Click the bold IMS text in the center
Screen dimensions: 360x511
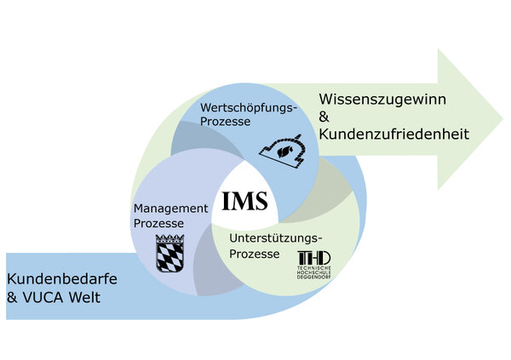pyautogui.click(x=244, y=201)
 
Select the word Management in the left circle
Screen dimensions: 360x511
pyautogui.click(x=170, y=209)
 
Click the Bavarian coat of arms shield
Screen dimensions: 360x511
pyautogui.click(x=169, y=252)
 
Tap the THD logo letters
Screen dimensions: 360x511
pyautogui.click(x=313, y=258)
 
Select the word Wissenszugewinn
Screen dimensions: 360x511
pyautogui.click(x=376, y=100)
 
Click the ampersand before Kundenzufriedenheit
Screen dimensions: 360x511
pyautogui.click(x=323, y=117)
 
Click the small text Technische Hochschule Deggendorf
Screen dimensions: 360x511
pyautogui.click(x=313, y=271)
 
